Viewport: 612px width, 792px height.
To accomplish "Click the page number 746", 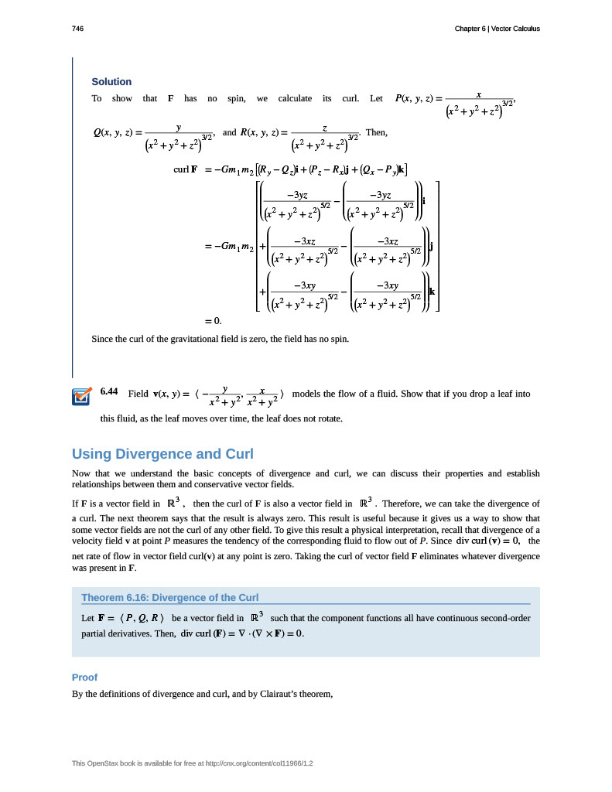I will (x=77, y=29).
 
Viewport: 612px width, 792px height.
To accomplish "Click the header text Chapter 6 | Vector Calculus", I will (x=497, y=29).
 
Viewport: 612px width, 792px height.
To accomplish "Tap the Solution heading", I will (x=111, y=82).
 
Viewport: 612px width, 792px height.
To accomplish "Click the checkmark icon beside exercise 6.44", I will (x=80, y=396).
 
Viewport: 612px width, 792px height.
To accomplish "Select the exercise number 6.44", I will (x=109, y=392).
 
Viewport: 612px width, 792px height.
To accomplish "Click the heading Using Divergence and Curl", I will (x=162, y=453).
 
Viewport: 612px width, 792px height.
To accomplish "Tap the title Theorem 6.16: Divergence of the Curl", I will (x=169, y=597).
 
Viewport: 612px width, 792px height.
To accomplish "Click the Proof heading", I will (x=84, y=678).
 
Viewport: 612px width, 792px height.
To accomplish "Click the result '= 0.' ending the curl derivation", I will (x=213, y=320).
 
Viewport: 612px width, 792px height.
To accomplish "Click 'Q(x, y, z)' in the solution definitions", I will (x=112, y=132).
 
